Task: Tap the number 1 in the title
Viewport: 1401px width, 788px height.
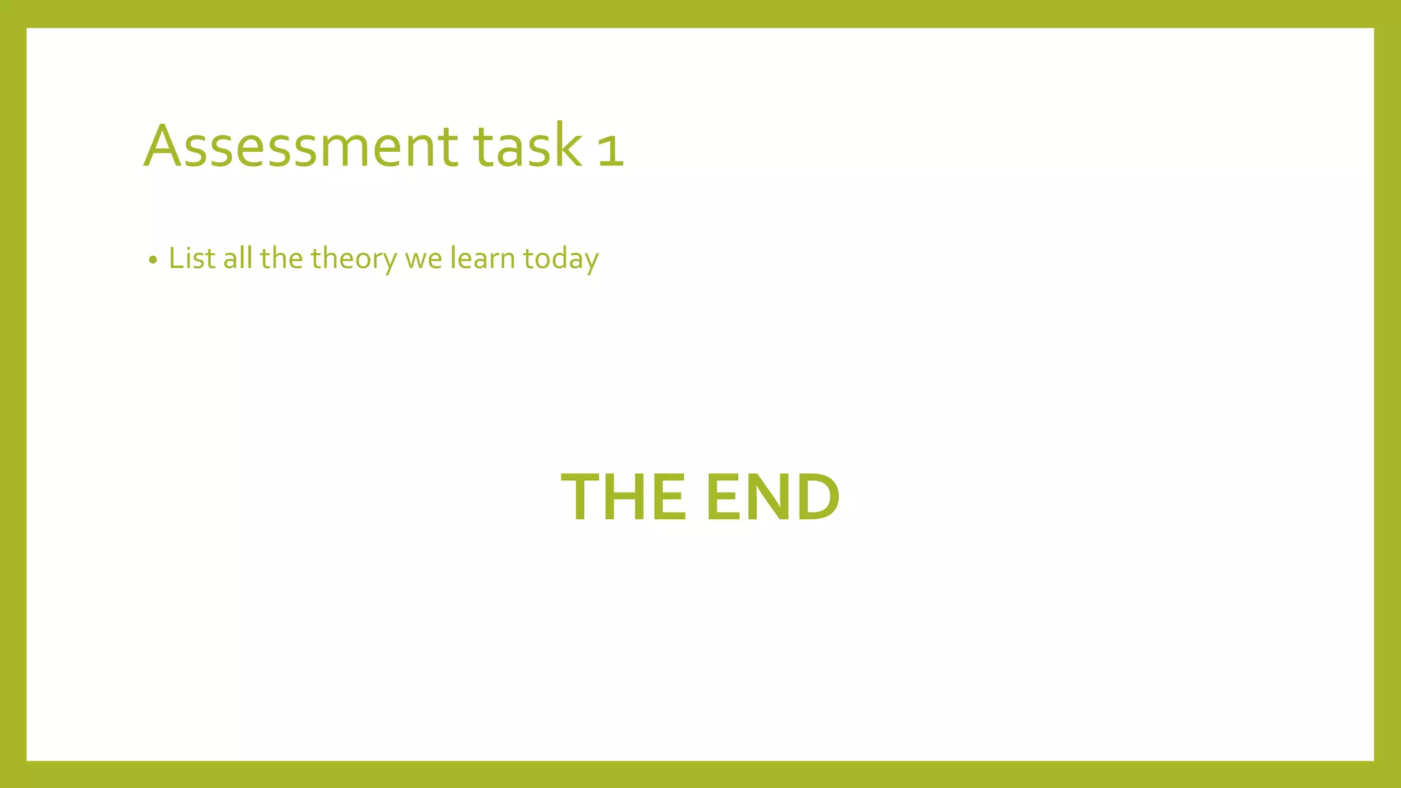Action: click(611, 149)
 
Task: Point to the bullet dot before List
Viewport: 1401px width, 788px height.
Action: click(153, 261)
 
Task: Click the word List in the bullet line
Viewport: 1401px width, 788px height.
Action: click(192, 259)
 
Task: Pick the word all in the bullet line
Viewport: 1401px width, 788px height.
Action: click(238, 259)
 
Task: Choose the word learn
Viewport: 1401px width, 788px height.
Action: click(482, 259)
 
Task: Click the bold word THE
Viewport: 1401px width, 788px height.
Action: click(623, 497)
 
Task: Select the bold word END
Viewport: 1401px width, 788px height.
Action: click(772, 497)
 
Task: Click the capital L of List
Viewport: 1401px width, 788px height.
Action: click(176, 259)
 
